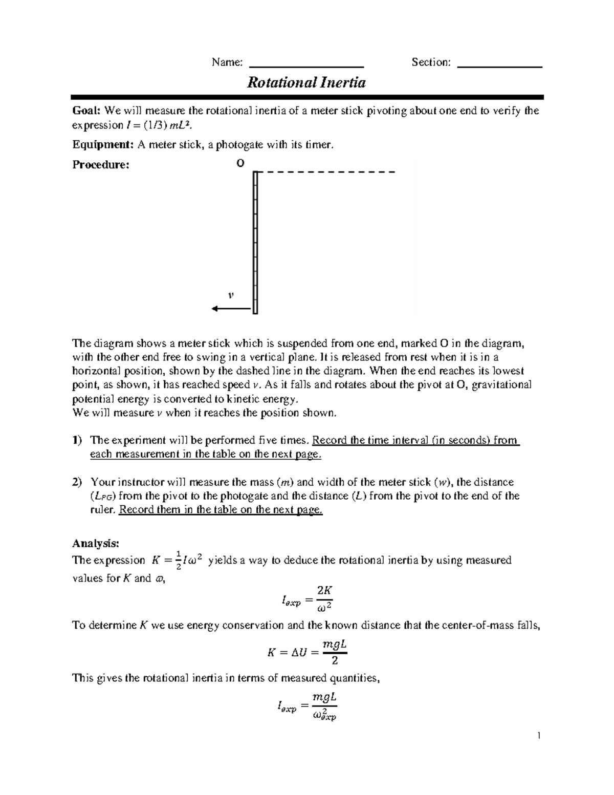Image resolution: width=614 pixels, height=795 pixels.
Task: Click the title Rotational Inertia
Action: [306, 83]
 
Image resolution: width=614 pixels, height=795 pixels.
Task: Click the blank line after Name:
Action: [305, 66]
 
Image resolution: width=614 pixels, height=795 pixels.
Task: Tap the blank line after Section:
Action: [499, 66]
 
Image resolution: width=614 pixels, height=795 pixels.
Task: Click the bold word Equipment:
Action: [102, 145]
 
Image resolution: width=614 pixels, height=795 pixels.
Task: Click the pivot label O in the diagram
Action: [239, 163]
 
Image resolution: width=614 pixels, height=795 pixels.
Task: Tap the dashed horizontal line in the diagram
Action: [327, 172]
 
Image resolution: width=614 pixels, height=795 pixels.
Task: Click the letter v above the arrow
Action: [231, 295]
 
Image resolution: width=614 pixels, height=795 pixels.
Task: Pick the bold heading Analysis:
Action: [96, 543]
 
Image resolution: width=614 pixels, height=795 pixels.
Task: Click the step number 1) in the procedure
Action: [77, 440]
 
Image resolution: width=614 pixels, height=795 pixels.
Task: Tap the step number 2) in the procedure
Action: [77, 482]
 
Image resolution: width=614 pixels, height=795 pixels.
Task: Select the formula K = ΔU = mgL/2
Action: [307, 652]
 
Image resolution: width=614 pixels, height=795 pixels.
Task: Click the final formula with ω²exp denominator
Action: [306, 706]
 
